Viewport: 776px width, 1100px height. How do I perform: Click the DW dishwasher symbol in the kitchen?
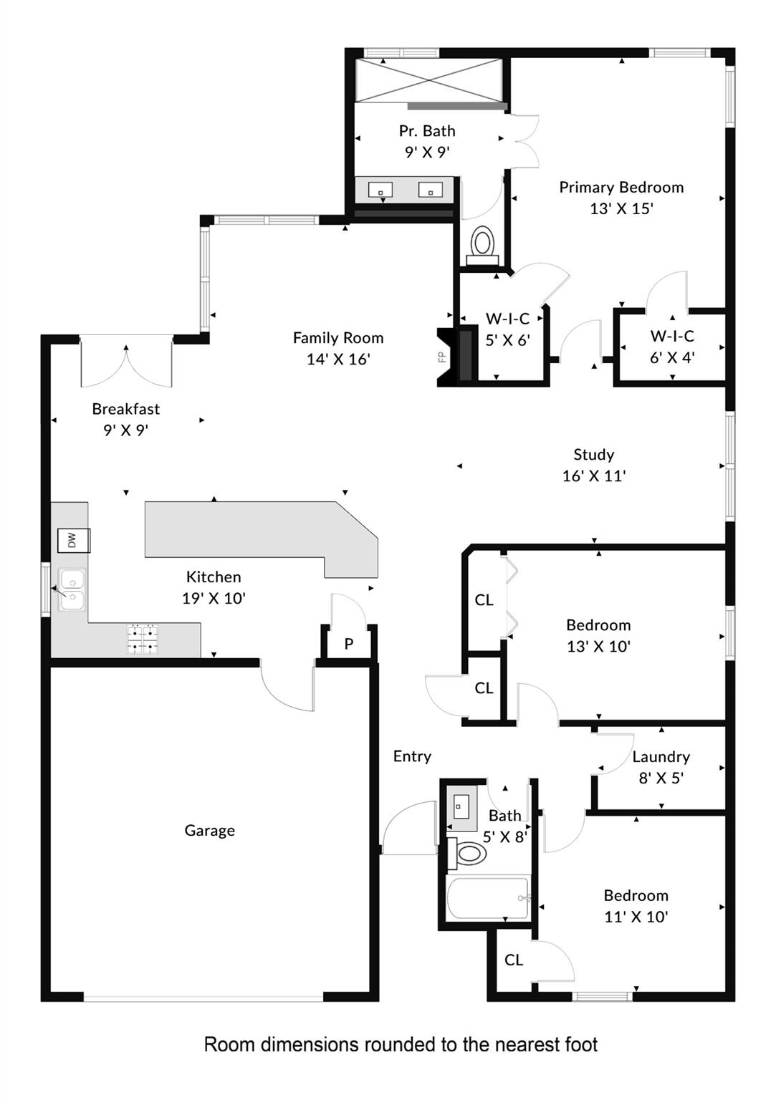(74, 540)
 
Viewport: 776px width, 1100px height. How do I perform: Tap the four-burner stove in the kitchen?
(143, 640)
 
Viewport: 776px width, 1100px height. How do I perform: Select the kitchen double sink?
(72, 589)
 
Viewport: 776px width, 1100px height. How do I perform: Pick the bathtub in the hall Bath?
(488, 898)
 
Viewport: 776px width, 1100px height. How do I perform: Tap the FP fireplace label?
(442, 357)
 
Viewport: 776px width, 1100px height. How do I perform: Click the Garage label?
(209, 831)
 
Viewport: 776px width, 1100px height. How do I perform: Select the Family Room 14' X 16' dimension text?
(338, 359)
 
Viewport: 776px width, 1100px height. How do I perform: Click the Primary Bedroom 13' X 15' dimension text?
(621, 208)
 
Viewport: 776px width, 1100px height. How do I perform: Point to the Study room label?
(594, 455)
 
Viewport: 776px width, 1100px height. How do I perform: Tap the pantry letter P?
(348, 643)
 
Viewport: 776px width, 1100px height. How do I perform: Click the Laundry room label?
(661, 757)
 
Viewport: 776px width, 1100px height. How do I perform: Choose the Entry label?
(412, 756)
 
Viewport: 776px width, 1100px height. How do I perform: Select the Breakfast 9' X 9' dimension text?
(126, 430)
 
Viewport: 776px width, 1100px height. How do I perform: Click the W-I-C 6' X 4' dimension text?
(672, 357)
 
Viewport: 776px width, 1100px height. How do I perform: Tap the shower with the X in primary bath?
(428, 80)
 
